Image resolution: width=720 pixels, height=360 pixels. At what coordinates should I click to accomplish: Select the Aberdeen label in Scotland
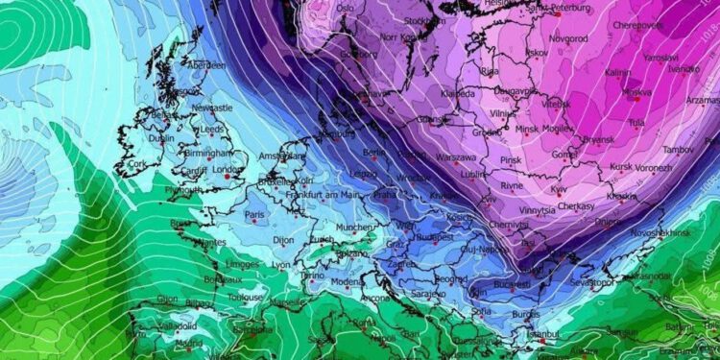coord(210,64)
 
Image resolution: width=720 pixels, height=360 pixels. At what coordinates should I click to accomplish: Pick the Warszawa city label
coord(455,157)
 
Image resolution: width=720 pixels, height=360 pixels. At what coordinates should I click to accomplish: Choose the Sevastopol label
coord(589,284)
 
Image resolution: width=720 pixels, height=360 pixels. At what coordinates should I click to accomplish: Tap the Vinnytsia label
coord(537,210)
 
